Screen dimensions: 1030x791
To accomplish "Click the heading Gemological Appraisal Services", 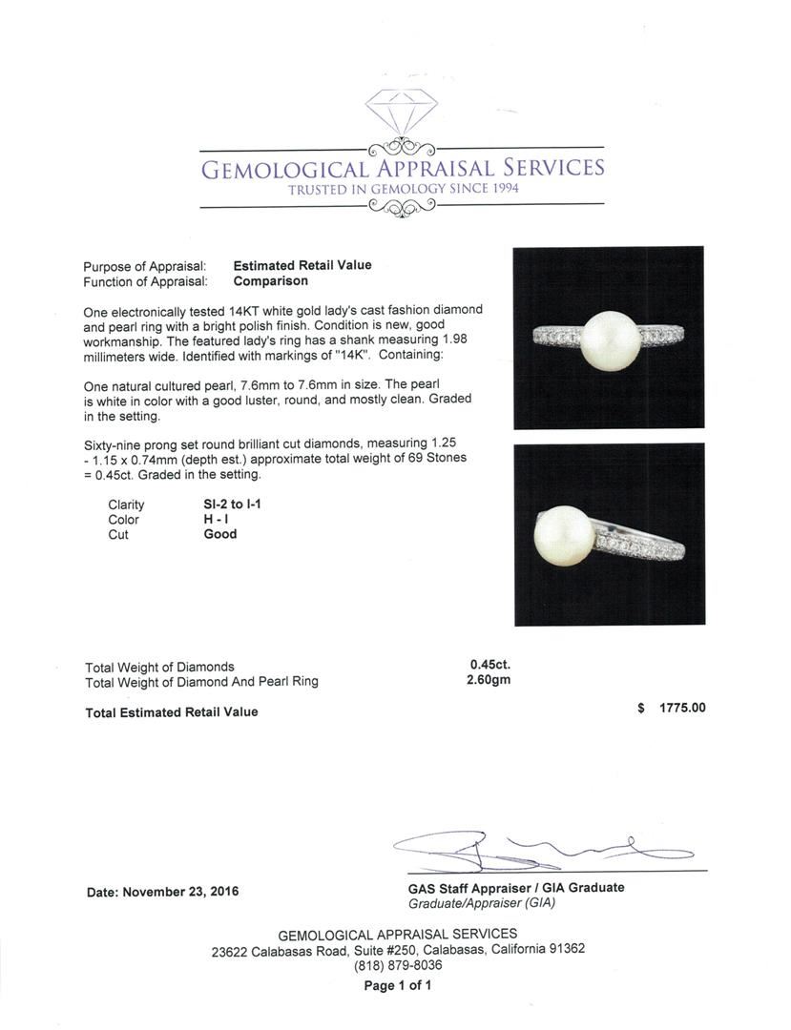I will pyautogui.click(x=401, y=169).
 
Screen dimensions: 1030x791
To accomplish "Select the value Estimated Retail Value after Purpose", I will pyautogui.click(x=302, y=265).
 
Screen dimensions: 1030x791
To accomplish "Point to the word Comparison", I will pyautogui.click(x=271, y=281).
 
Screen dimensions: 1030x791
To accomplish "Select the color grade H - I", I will pyautogui.click(x=219, y=520).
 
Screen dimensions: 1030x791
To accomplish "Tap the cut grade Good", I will pyautogui.click(x=220, y=535).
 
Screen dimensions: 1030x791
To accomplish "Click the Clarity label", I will pyautogui.click(x=126, y=505).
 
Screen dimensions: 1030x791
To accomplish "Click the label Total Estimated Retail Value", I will pyautogui.click(x=172, y=711).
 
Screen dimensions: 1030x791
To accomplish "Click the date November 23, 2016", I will pyautogui.click(x=162, y=892).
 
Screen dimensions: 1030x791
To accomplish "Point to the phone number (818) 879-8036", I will pyautogui.click(x=398, y=965).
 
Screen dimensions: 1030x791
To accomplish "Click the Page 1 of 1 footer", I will pyautogui.click(x=398, y=986).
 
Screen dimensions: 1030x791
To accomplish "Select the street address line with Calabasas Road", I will pyautogui.click(x=398, y=950).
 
